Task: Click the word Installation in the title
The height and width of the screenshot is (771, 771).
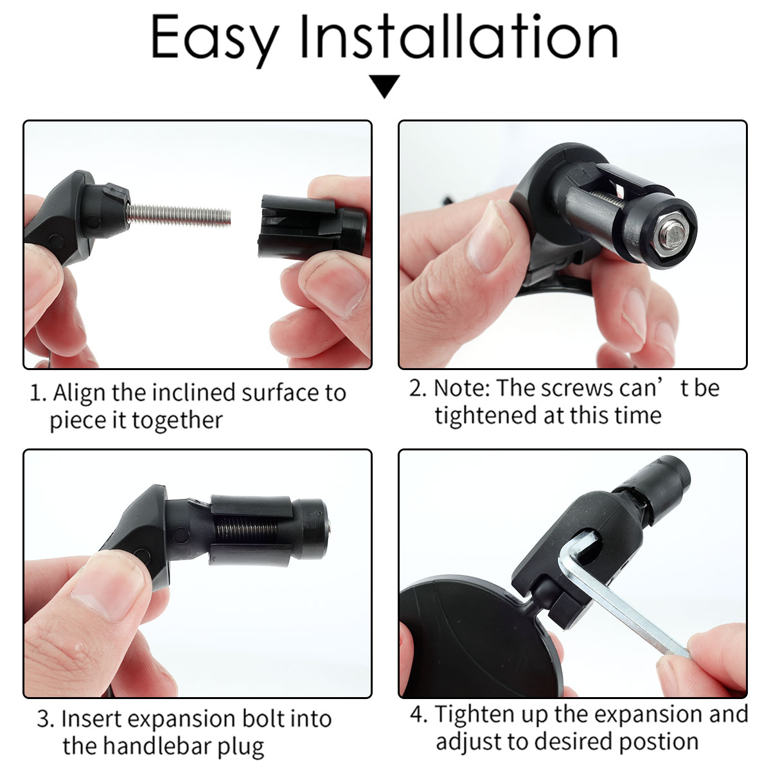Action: [x=459, y=36]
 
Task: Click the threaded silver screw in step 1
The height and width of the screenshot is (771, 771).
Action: [x=179, y=215]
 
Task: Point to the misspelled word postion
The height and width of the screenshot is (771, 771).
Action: [x=659, y=743]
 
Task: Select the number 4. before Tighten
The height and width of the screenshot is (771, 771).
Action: [x=418, y=715]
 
